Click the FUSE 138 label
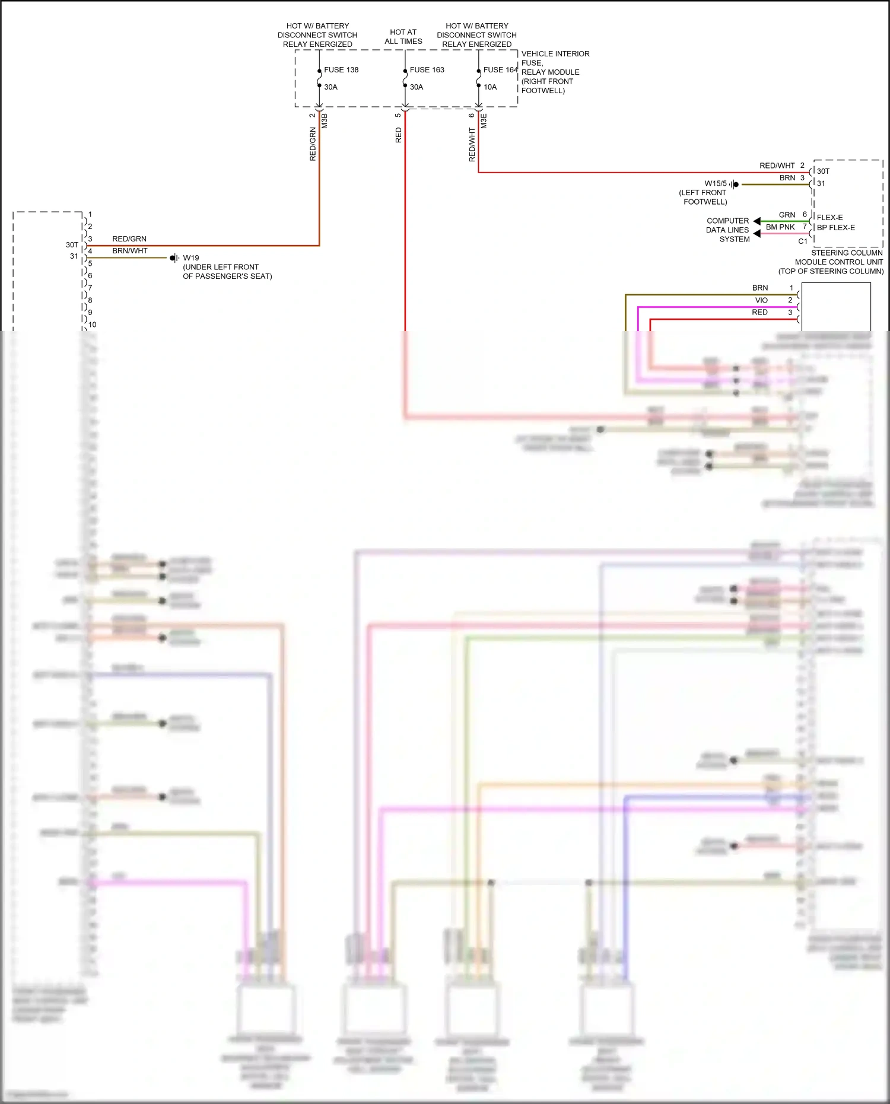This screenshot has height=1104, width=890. pyautogui.click(x=341, y=70)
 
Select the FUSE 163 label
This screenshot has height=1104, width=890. pyautogui.click(x=427, y=70)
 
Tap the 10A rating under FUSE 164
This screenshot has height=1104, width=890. pyautogui.click(x=490, y=87)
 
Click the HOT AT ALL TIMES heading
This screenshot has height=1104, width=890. pyautogui.click(x=403, y=37)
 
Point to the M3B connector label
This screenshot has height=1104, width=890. pyautogui.click(x=325, y=121)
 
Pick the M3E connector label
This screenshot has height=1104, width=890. pyautogui.click(x=484, y=121)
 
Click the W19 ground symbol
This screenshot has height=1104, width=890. pyautogui.click(x=174, y=258)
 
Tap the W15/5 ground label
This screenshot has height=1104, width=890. pyautogui.click(x=715, y=183)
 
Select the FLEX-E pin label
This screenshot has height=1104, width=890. pyautogui.click(x=829, y=218)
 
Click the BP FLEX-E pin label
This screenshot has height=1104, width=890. pyautogui.click(x=835, y=228)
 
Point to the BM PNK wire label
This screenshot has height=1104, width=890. pyautogui.click(x=780, y=227)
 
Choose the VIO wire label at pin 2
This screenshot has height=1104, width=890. pyautogui.click(x=761, y=300)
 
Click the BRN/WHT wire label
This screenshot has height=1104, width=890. pyautogui.click(x=129, y=251)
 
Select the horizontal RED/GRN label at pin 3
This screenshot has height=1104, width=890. pyautogui.click(x=129, y=239)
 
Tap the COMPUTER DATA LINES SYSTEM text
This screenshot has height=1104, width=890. pyautogui.click(x=727, y=230)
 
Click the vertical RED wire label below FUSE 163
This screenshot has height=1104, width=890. pyautogui.click(x=398, y=135)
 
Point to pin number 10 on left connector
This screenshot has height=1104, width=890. pyautogui.click(x=93, y=324)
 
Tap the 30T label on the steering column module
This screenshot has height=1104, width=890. pyautogui.click(x=823, y=171)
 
